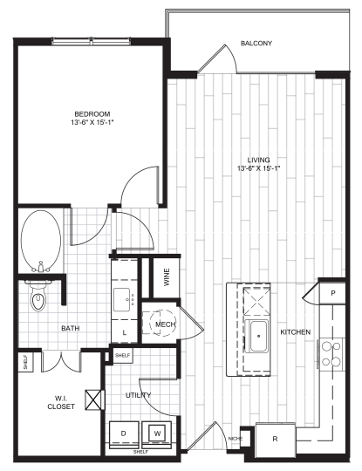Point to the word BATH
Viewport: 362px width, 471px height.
tap(71, 329)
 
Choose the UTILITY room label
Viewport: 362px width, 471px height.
tap(139, 395)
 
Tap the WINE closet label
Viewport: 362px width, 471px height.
tap(165, 278)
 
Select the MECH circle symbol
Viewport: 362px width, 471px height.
tap(161, 325)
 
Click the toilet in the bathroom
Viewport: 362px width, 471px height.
tap(38, 300)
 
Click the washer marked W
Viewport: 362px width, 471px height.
tap(158, 433)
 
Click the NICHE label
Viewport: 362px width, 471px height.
tap(234, 438)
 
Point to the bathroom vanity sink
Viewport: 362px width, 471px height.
tap(123, 298)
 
